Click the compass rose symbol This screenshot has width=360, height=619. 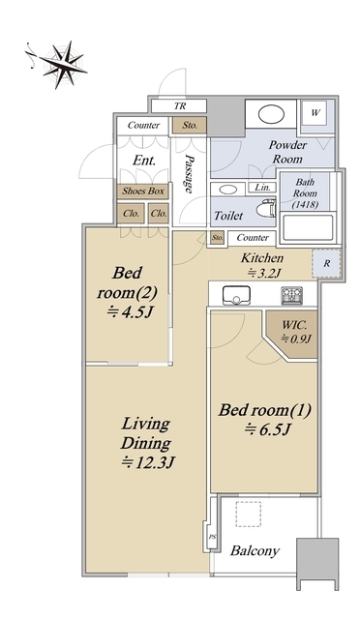(x=63, y=64)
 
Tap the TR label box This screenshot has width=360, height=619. (x=179, y=106)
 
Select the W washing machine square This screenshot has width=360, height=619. (x=315, y=112)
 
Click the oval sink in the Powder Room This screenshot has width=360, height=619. (x=271, y=114)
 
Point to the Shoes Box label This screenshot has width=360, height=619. (x=143, y=192)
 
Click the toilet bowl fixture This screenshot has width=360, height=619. (x=265, y=208)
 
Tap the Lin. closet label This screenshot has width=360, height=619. (x=262, y=187)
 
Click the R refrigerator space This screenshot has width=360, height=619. (x=326, y=263)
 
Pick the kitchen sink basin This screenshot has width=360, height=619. (x=236, y=296)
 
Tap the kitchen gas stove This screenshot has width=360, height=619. (x=291, y=295)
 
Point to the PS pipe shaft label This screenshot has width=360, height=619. (x=212, y=537)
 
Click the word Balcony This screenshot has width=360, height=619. (x=255, y=550)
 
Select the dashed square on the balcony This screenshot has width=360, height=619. (x=249, y=514)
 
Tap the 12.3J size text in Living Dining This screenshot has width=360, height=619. (x=148, y=462)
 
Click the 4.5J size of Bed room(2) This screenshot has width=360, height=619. (x=130, y=312)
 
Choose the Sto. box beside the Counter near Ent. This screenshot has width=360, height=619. (x=190, y=125)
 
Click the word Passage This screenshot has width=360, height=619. (x=190, y=174)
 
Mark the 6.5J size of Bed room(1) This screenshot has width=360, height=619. (x=267, y=429)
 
